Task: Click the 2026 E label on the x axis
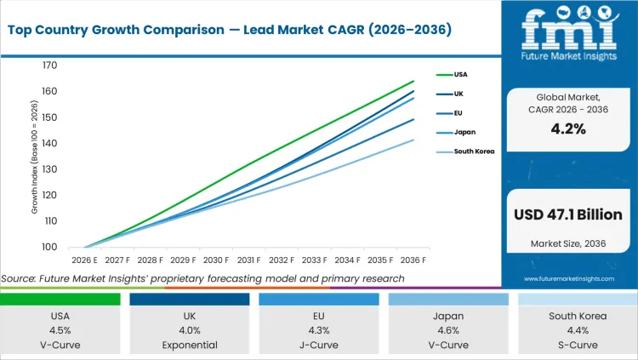click(84, 260)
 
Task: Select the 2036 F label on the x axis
click(413, 260)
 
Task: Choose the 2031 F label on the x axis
click(248, 260)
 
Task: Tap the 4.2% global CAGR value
click(568, 129)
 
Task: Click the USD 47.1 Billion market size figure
click(568, 214)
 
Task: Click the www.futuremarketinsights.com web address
click(567, 278)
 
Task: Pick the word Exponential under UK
click(189, 345)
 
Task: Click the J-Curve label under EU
click(318, 345)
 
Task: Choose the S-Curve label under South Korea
click(577, 345)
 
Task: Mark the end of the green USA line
click(413, 81)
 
